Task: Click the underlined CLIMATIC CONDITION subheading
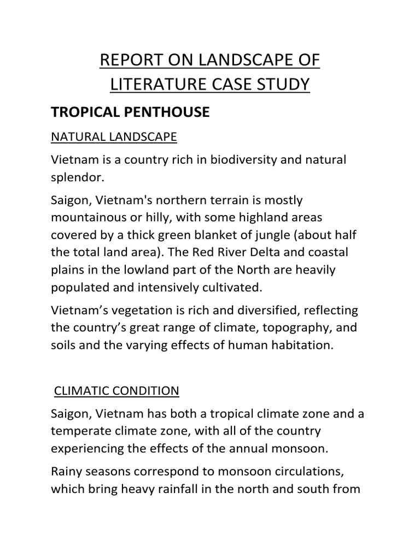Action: (116, 391)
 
